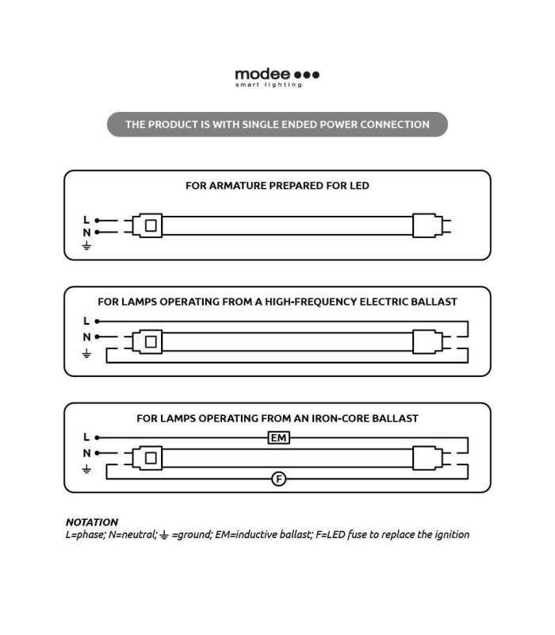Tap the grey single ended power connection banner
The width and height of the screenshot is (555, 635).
tap(277, 125)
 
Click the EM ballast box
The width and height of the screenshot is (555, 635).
tap(278, 437)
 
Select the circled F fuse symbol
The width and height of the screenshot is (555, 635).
tap(278, 479)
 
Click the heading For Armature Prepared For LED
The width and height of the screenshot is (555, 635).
tap(277, 186)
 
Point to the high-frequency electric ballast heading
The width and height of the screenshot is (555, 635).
tap(277, 302)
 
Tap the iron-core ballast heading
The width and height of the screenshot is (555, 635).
tap(277, 418)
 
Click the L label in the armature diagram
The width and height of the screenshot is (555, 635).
tap(86, 220)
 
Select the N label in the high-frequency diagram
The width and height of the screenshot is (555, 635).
tap(86, 337)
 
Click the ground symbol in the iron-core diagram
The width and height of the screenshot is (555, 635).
tap(86, 470)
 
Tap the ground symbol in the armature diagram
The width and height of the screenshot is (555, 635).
tap(86, 246)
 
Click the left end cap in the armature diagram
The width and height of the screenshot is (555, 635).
tap(147, 226)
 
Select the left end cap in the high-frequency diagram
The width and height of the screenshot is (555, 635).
tap(147, 343)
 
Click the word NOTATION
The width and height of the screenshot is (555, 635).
tap(92, 522)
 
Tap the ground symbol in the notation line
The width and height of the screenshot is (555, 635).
tap(163, 536)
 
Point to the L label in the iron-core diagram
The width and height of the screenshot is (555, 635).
tap(86, 437)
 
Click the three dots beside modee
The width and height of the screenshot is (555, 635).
tap(307, 75)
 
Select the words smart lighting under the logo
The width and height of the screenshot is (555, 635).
tap(268, 86)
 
